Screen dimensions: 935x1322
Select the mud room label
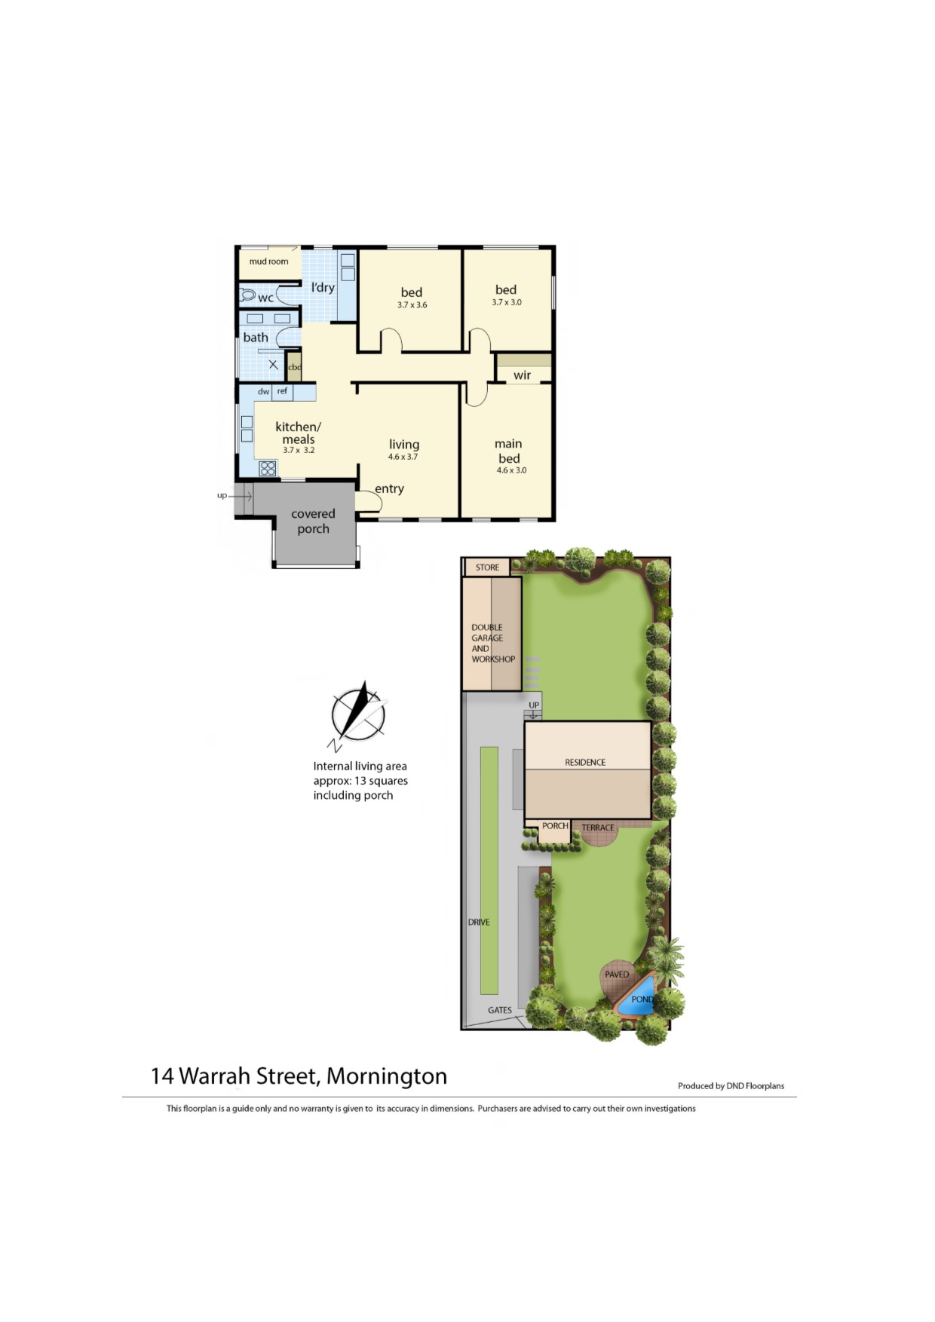[268, 262]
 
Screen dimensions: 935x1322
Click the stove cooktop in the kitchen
[268, 468]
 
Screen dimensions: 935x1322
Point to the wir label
[522, 375]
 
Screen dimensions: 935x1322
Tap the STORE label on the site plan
[487, 568]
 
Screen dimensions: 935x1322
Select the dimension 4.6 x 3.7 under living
[403, 457]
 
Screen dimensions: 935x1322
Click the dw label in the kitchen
[263, 392]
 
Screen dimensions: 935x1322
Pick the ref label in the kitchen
[282, 391]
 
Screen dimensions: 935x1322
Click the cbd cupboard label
[295, 368]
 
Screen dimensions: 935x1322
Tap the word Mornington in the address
[387, 1076]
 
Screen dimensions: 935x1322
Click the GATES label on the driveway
[499, 1010]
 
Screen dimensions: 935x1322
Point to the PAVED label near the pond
[617, 975]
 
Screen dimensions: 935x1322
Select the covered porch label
[313, 522]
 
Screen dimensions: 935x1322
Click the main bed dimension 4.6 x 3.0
[511, 470]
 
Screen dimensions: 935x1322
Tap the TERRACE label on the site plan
[598, 828]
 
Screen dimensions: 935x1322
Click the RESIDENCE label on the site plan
[585, 762]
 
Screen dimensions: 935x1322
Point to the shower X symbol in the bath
[273, 365]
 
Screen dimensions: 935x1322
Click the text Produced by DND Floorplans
[731, 1086]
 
